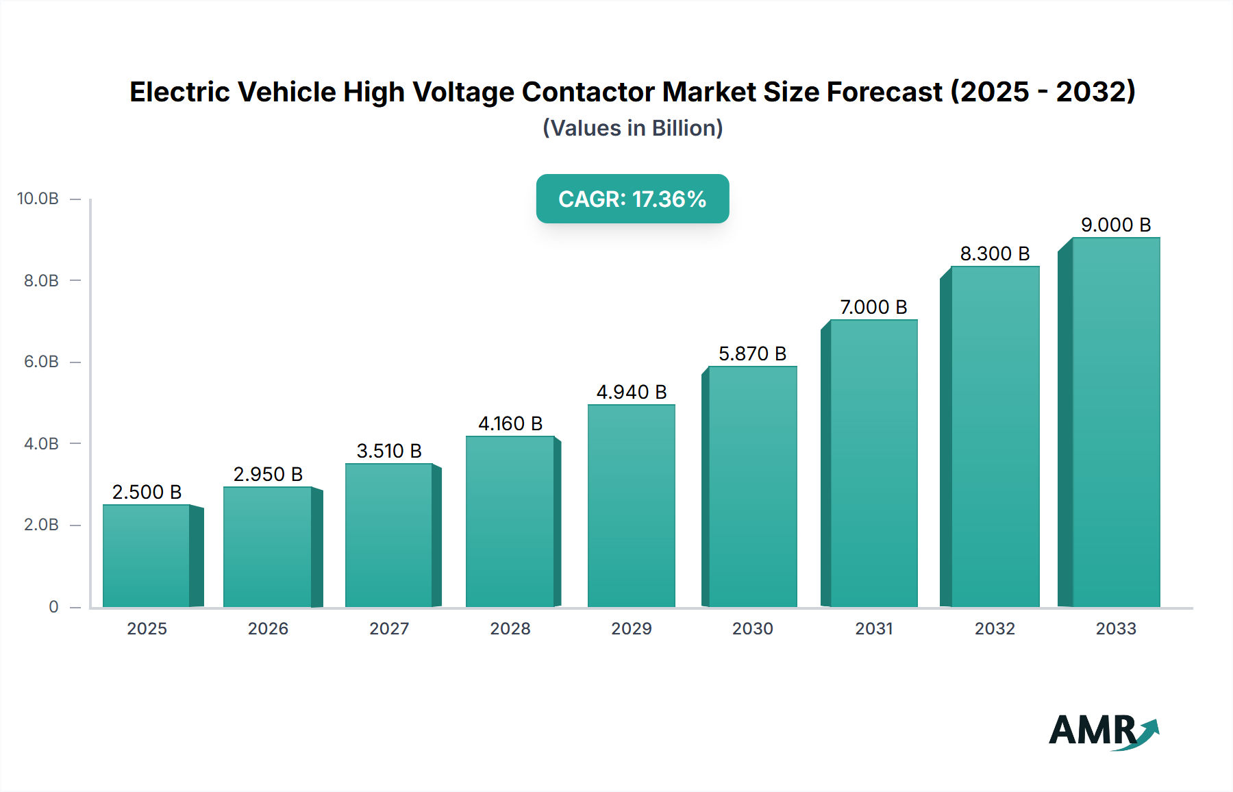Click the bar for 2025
tap(147, 556)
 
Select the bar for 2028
tap(510, 521)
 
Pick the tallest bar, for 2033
tap(1116, 423)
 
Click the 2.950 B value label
tap(268, 474)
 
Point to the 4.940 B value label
tap(632, 392)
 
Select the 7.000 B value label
tap(873, 307)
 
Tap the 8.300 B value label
tap(995, 253)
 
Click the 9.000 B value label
tap(1116, 225)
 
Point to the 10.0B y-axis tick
tap(38, 199)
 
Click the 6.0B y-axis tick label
tap(41, 362)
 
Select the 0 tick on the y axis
tap(53, 607)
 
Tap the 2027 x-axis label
tap(389, 629)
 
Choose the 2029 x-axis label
tap(632, 629)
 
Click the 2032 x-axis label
tap(995, 629)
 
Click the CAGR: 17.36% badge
tap(632, 199)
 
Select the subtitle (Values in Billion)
tap(632, 128)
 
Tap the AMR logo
tap(1103, 731)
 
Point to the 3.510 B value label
tap(389, 451)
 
